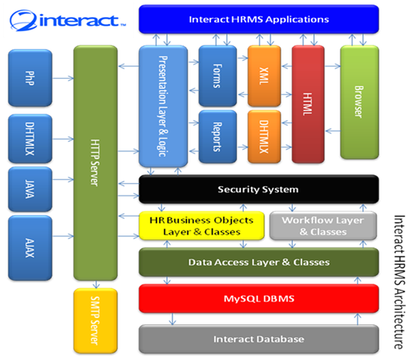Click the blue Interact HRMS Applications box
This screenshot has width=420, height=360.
(x=259, y=19)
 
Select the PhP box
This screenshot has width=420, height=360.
(x=30, y=78)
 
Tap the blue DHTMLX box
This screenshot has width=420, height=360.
(x=30, y=139)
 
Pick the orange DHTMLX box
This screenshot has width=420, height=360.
(x=264, y=136)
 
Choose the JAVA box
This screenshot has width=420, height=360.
(x=30, y=189)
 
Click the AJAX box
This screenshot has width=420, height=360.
(x=30, y=248)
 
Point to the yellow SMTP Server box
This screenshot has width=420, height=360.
(x=95, y=320)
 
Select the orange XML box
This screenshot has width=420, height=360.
(x=264, y=76)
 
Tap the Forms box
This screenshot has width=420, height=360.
(x=217, y=76)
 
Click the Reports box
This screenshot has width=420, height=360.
(x=217, y=136)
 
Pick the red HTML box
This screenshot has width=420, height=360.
(x=308, y=104)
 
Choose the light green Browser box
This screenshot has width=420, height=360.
(x=359, y=102)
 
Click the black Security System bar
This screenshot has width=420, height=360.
(x=259, y=189)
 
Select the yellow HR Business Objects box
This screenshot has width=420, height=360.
(x=201, y=225)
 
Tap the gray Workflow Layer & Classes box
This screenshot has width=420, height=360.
(x=323, y=225)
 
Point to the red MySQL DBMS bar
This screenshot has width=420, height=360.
(x=259, y=298)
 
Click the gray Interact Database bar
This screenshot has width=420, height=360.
(x=259, y=339)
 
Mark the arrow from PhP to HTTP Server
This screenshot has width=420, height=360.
(x=63, y=78)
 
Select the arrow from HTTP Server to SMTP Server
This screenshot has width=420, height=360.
(x=96, y=284)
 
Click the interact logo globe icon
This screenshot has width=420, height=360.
(x=23, y=20)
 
